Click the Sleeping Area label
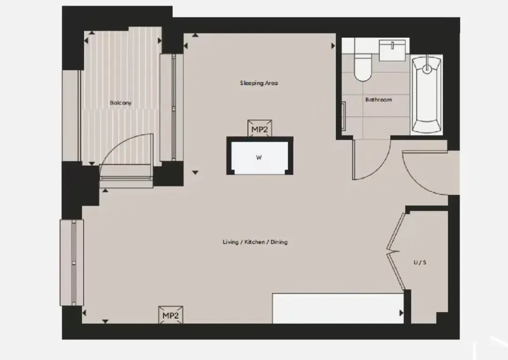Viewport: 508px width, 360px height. click(259, 83)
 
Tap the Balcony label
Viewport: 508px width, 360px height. click(120, 103)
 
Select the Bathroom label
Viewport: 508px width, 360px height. click(378, 99)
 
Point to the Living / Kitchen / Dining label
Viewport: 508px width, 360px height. click(255, 242)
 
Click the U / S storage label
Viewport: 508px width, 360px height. click(420, 262)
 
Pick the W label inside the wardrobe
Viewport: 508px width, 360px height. click(259, 158)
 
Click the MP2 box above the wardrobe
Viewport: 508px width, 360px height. click(260, 128)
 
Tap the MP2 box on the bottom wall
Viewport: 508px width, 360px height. click(170, 315)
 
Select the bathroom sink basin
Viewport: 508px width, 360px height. click(392, 50)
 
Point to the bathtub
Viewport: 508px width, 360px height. click(427, 95)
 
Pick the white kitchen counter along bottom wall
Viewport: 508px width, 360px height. click(338, 308)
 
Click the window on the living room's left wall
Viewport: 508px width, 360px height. click(72, 263)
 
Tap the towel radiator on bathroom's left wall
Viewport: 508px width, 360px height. click(343, 116)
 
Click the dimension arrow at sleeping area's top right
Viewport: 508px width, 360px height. click(333, 46)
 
